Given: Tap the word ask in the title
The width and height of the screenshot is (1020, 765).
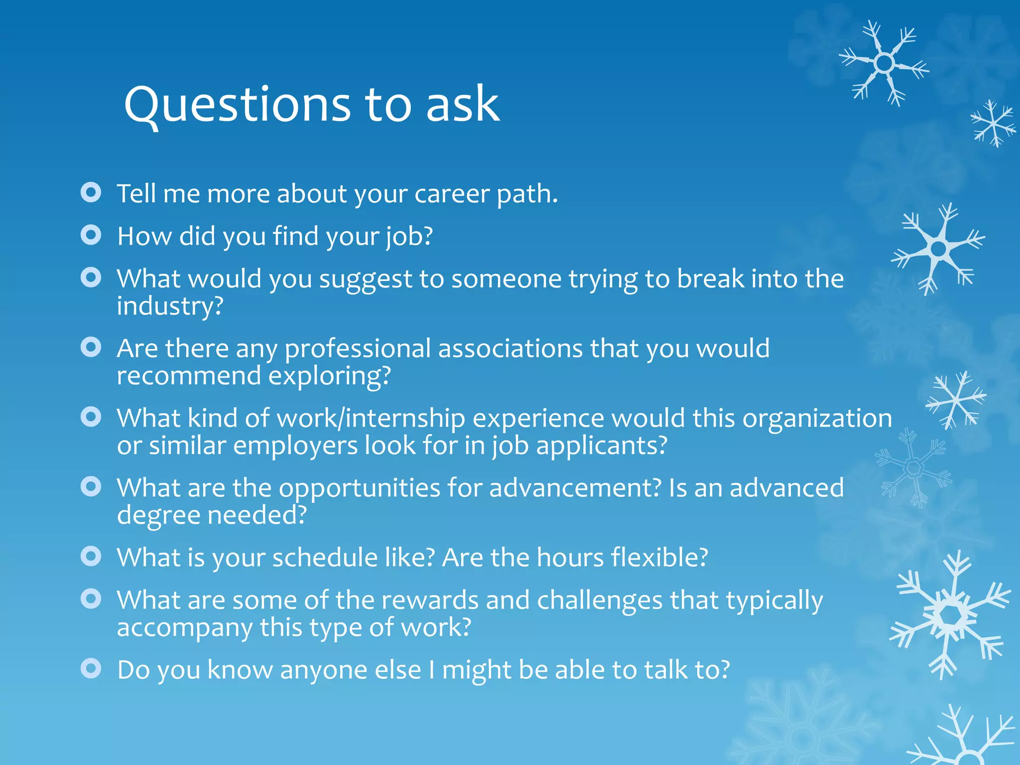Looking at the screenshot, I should [462, 105].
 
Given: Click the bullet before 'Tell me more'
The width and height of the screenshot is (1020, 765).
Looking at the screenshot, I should [91, 192].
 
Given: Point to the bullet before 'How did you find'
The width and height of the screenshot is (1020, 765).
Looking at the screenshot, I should [91, 235].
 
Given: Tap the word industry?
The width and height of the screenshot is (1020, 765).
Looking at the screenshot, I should [170, 306].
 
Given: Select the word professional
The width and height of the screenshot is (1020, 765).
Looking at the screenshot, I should [358, 349].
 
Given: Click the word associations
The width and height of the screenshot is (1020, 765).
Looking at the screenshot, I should [510, 348].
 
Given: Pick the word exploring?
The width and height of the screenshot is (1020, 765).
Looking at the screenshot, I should [330, 376].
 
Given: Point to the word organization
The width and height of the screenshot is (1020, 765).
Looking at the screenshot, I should [817, 418].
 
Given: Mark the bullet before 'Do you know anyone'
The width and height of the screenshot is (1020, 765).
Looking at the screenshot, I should [91, 668].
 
